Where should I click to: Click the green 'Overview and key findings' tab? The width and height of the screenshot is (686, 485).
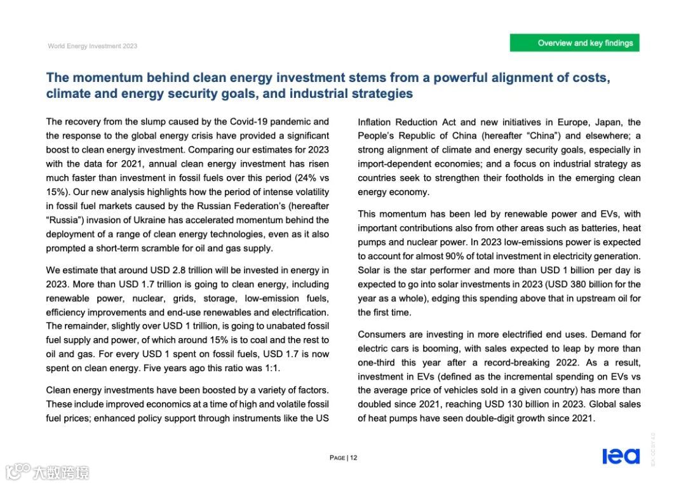click(574, 43)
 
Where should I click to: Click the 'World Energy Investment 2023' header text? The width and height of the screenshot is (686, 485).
click(93, 46)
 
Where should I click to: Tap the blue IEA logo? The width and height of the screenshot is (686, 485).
click(621, 456)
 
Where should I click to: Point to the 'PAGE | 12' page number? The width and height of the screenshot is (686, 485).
click(344, 458)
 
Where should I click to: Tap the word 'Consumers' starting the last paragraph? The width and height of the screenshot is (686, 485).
click(380, 334)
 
